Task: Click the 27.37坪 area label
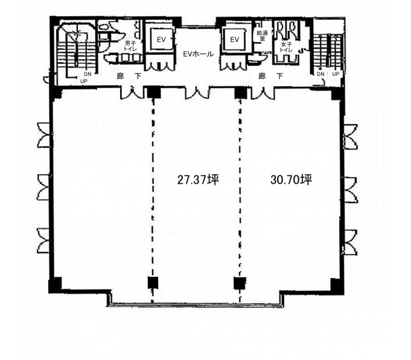tap(198, 180)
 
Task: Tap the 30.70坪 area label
tap(292, 180)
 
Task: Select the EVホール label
tap(198, 54)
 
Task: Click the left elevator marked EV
tap(161, 40)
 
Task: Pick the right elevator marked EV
tap(235, 40)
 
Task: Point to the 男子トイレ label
tap(130, 46)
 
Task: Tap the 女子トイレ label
tap(286, 48)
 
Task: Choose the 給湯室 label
tap(263, 36)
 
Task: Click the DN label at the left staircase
tap(88, 74)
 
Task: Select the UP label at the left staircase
tap(84, 81)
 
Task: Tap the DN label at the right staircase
tap(320, 74)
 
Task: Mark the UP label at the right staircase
tap(336, 74)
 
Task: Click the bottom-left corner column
tap(55, 285)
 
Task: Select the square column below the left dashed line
tap(153, 282)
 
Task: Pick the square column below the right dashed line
tap(240, 283)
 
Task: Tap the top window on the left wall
tap(44, 135)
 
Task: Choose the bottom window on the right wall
tap(350, 242)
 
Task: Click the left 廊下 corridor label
tap(129, 76)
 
